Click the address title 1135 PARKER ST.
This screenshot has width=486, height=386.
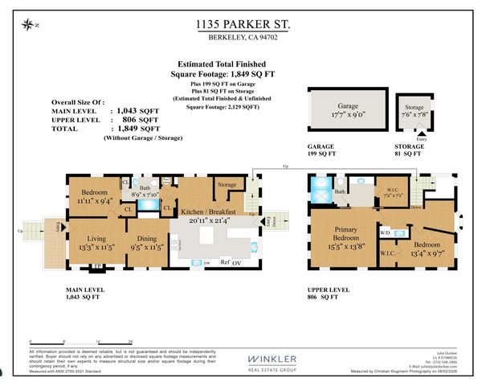[243, 26]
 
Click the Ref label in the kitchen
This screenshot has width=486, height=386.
[225, 262]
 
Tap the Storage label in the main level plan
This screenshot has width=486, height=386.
[227, 184]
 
